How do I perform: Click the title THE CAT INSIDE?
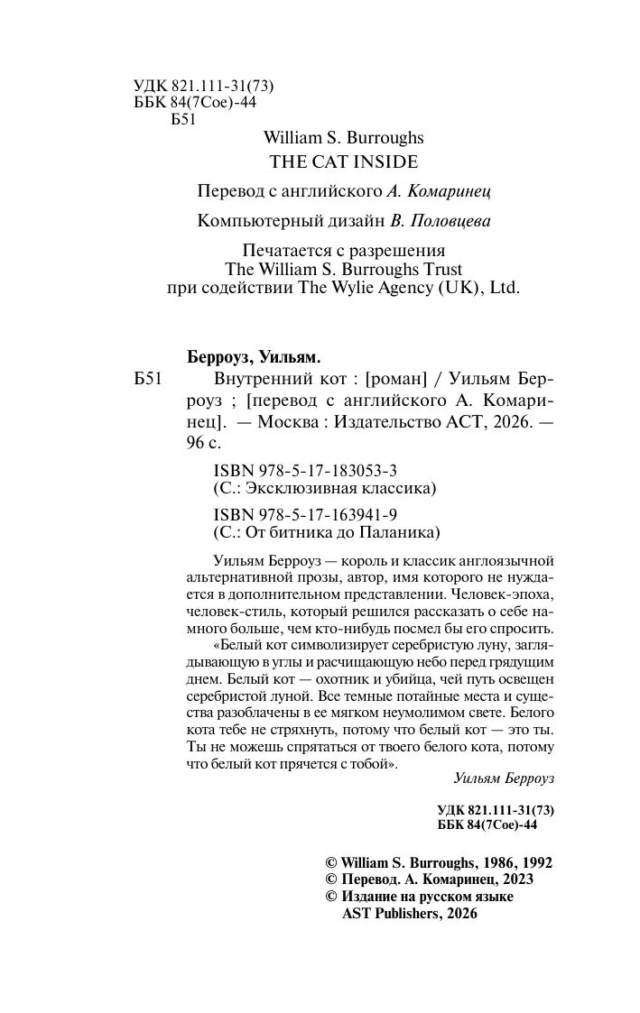(x=344, y=162)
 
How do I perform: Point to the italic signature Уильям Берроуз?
(x=504, y=776)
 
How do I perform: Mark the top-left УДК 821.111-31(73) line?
(x=203, y=86)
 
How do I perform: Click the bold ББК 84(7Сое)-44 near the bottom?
(x=487, y=825)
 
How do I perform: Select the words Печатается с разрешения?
(x=347, y=249)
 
